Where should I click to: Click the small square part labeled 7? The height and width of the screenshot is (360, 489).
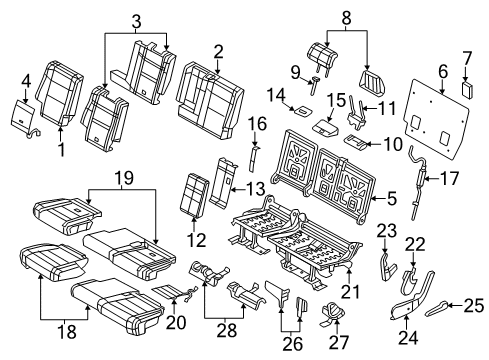(x=467, y=89)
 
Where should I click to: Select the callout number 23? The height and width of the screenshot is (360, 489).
(x=387, y=233)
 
